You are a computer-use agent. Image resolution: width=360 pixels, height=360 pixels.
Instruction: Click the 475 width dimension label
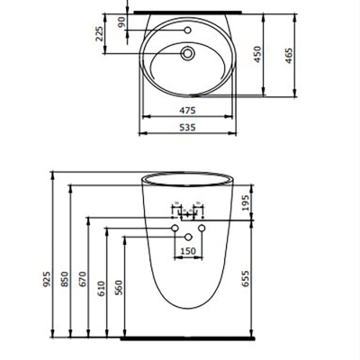coord(187,111)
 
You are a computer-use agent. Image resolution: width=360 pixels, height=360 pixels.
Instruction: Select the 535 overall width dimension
coord(187,128)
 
